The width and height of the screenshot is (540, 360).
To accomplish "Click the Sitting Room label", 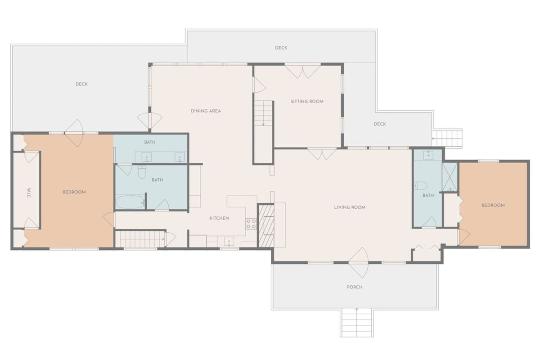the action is point(307,102).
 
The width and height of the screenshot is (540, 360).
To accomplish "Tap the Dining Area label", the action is point(206,111).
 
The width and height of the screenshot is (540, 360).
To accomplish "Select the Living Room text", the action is point(350,207).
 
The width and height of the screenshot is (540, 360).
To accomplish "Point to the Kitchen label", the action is point(219,218).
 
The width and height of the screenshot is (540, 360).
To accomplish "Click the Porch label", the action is point(355,287).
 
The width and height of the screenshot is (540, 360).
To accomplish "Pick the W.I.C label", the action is point(29,193).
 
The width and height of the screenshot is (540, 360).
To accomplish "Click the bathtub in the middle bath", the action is point(130,202).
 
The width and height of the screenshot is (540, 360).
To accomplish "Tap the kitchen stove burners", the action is point(251,224).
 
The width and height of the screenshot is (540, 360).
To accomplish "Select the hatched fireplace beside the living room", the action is point(266,226).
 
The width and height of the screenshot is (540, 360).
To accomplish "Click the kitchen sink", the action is point(229,241).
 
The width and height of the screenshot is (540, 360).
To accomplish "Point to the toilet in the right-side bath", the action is point(420,186).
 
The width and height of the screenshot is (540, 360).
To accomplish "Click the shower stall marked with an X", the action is point(450,177).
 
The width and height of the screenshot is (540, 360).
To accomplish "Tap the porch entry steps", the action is point(357,323).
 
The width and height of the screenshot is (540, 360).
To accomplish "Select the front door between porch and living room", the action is point(359,263).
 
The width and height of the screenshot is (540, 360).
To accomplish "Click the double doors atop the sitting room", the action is point(303,71).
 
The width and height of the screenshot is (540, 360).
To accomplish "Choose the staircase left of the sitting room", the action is point(264,113).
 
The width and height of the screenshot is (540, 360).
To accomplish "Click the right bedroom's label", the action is point(493,206).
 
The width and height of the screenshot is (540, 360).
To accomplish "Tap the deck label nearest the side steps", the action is point(380,124).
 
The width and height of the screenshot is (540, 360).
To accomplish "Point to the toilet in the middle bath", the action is point(142,171).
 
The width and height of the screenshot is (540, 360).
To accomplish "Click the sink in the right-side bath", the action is point(428,155).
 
